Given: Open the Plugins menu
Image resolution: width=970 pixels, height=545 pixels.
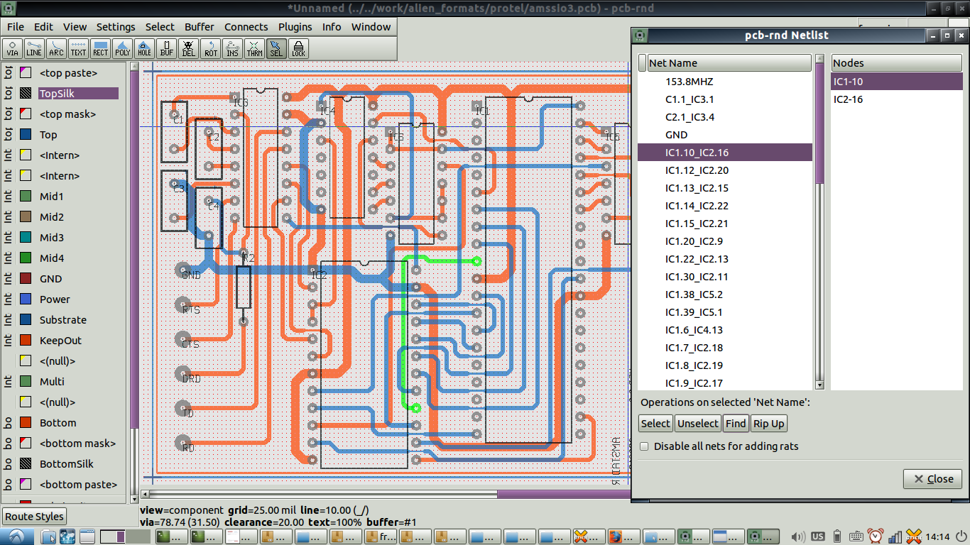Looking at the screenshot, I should click(295, 27).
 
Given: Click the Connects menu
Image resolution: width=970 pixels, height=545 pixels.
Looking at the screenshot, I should click(246, 27).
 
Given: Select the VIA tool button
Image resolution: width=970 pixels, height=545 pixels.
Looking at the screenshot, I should click(13, 48).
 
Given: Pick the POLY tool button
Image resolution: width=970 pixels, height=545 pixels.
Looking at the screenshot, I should click(123, 48).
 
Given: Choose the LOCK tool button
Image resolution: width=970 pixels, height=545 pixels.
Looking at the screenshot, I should click(298, 48).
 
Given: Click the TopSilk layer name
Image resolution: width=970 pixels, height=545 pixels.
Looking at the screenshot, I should click(57, 94).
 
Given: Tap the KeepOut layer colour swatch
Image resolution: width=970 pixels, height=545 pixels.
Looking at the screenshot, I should click(26, 341).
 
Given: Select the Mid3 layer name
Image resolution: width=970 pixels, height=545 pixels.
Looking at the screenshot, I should click(51, 238).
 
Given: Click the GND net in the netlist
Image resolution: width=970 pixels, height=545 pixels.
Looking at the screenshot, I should click(676, 135).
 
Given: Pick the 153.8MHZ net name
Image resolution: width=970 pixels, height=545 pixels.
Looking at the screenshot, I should click(689, 82).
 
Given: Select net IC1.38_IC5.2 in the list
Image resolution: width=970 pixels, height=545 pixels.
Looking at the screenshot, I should click(694, 294).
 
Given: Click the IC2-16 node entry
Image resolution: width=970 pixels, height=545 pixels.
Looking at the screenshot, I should click(848, 99).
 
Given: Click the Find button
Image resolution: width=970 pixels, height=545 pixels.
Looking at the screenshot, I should click(736, 424).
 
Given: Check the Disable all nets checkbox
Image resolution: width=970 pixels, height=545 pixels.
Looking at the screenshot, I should click(644, 446).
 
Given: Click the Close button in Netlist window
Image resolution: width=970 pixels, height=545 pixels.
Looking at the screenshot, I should click(932, 479).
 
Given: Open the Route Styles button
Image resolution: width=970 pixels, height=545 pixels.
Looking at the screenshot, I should click(34, 517).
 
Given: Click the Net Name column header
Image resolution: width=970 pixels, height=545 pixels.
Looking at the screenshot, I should click(729, 63).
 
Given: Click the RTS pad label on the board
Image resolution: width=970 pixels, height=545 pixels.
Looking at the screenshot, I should click(190, 310).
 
